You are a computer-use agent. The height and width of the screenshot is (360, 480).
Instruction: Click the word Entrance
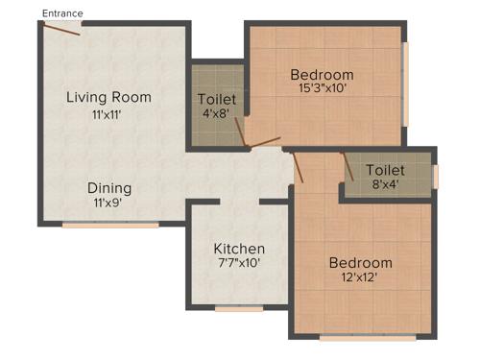[63, 13]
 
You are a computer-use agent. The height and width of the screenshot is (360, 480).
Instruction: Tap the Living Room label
[108, 97]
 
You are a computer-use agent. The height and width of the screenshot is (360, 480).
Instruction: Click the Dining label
[109, 188]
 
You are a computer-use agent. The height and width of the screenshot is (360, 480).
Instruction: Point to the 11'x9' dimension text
[109, 204]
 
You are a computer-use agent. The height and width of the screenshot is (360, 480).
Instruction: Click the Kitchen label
[239, 250]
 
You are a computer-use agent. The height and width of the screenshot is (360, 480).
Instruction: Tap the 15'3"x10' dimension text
[322, 88]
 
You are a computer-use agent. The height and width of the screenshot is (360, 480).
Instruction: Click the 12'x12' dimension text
[360, 277]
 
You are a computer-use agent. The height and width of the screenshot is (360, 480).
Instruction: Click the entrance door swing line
[61, 28]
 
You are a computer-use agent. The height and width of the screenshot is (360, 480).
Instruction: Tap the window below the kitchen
[239, 309]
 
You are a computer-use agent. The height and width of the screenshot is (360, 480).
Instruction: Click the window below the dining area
[110, 226]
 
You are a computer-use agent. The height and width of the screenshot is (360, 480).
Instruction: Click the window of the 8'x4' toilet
[435, 177]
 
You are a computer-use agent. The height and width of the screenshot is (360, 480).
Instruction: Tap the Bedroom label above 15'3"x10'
[322, 75]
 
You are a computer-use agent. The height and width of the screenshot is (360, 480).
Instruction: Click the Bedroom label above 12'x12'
[360, 263]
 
